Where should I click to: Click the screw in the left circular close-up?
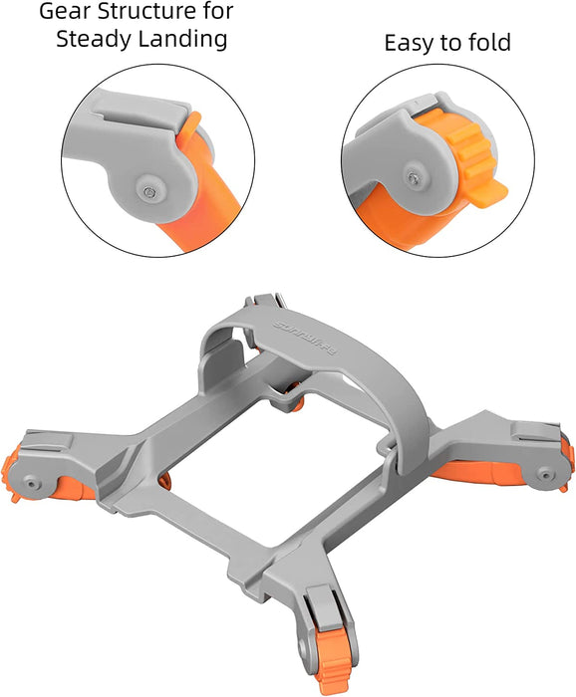pos(148,187)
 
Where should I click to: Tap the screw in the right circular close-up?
pos(412,175)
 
